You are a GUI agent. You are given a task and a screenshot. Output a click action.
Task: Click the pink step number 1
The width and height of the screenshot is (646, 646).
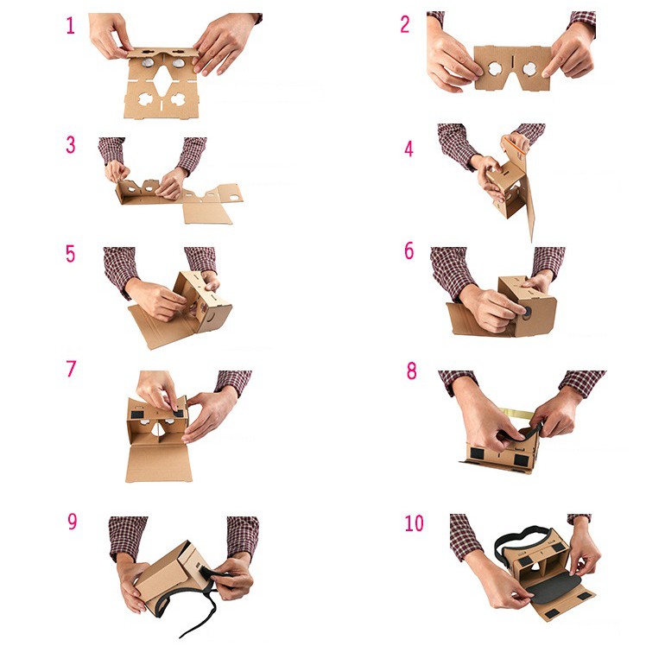click(x=71, y=26)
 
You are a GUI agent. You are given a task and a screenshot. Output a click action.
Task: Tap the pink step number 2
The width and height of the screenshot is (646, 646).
click(x=405, y=25)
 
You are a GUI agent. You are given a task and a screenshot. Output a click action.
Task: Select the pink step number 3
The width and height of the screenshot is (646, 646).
click(x=71, y=144)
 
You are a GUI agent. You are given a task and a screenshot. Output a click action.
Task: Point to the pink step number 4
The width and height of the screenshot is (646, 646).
click(x=408, y=149)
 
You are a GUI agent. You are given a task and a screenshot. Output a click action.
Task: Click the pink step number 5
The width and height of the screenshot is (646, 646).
click(x=71, y=254)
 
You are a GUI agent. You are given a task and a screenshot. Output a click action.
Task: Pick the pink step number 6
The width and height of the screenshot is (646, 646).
click(x=408, y=251)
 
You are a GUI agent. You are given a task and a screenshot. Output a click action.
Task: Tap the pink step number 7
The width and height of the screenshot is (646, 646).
click(x=72, y=369)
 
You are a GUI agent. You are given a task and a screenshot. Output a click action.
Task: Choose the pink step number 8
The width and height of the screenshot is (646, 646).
click(x=412, y=370)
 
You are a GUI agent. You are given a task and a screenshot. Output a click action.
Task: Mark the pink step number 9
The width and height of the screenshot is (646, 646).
click(x=72, y=522)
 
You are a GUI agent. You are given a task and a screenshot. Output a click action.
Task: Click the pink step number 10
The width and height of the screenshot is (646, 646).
click(x=414, y=523)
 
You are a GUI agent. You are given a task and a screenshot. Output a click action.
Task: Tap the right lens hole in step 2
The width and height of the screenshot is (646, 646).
click(x=530, y=69)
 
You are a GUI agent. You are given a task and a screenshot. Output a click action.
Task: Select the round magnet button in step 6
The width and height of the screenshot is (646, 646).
click(x=526, y=312)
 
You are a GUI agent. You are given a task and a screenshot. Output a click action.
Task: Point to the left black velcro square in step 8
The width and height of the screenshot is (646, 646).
click(x=477, y=453)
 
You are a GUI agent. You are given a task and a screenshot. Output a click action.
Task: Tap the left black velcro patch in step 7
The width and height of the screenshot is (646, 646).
click(x=137, y=413)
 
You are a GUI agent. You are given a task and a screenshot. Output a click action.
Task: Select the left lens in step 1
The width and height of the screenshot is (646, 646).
click(x=147, y=63)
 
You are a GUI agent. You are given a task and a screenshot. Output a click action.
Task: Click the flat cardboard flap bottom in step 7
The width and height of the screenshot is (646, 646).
click(x=159, y=464)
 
